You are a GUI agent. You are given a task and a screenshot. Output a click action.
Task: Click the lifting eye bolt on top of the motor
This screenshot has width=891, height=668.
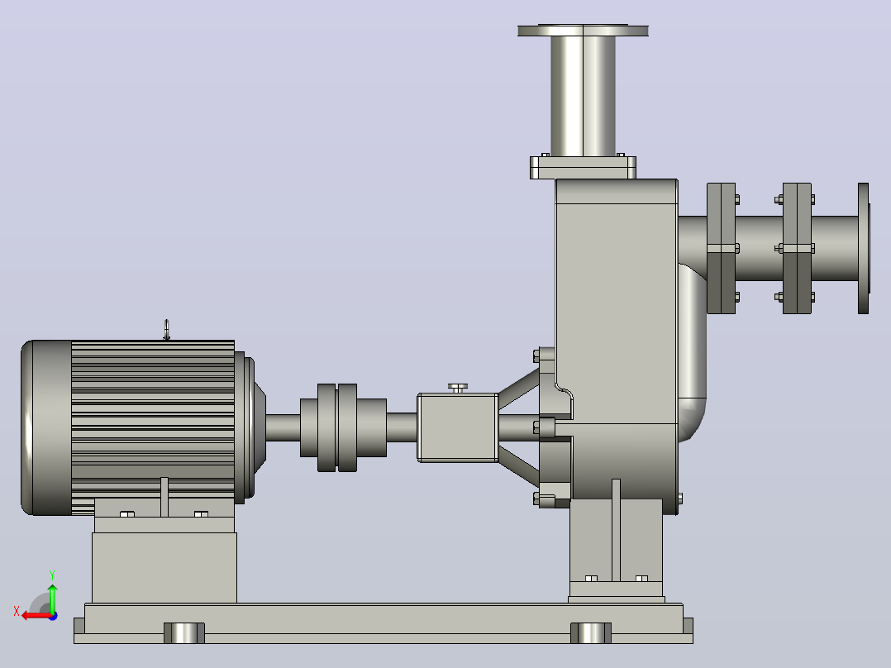coord(166,330)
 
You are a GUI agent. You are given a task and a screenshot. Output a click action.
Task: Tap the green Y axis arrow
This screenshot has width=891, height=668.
coord(52,598)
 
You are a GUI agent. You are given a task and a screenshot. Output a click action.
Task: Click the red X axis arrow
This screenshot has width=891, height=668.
coord(36,615)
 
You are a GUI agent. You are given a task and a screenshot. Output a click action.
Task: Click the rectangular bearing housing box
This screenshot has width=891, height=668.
coord(458,427)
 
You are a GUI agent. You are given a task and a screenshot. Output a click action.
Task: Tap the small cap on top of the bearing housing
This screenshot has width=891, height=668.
coord(458,388)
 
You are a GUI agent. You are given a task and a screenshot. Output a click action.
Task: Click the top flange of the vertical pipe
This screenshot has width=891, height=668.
coord(583,31)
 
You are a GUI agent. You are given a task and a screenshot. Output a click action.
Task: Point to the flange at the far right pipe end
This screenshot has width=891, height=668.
coord(864,248)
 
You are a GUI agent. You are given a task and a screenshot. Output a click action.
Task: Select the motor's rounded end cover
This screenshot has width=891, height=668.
coord(45,427)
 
